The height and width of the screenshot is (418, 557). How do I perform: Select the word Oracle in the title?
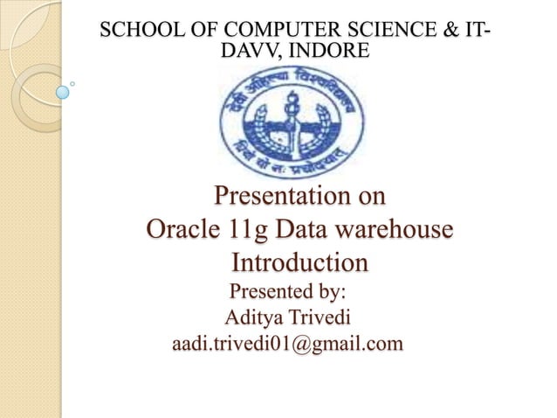(x=182, y=230)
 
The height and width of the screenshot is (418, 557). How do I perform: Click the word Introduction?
(x=299, y=262)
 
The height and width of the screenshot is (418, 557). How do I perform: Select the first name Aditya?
(x=254, y=317)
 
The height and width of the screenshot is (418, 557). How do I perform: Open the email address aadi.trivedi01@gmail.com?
(x=288, y=344)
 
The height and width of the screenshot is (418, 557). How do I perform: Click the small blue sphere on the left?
(x=62, y=91)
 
